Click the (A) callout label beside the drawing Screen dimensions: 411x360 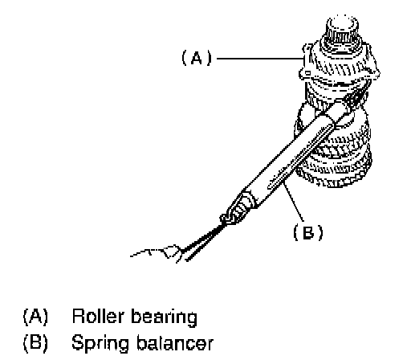197,58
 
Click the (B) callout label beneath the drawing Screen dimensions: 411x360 308,232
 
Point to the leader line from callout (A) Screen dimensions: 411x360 260,58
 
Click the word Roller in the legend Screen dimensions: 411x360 98,316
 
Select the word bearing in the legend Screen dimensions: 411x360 164,318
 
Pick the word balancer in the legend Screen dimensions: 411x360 175,342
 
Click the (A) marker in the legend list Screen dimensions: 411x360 35,317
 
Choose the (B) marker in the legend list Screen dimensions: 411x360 35,342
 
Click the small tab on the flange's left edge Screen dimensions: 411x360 307,72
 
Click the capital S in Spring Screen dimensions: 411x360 77,342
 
